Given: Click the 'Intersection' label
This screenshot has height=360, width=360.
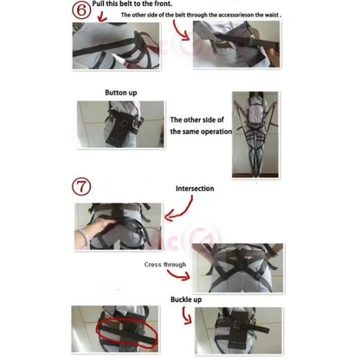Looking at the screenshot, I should (195, 188).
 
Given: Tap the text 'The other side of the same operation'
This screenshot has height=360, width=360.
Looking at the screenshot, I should (200, 125).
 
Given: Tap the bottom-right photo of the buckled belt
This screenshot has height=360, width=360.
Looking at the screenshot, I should (234, 331).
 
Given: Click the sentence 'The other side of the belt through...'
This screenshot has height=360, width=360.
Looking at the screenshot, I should (212, 16).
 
